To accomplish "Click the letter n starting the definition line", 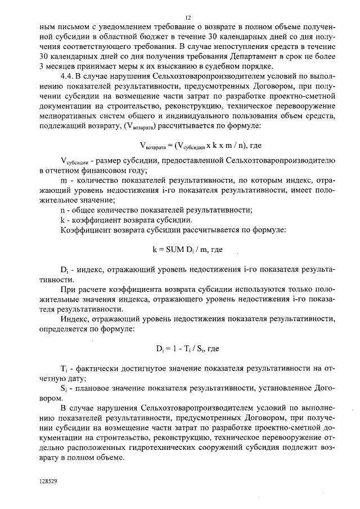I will (62, 210).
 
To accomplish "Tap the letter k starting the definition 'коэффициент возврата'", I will (62, 220).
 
